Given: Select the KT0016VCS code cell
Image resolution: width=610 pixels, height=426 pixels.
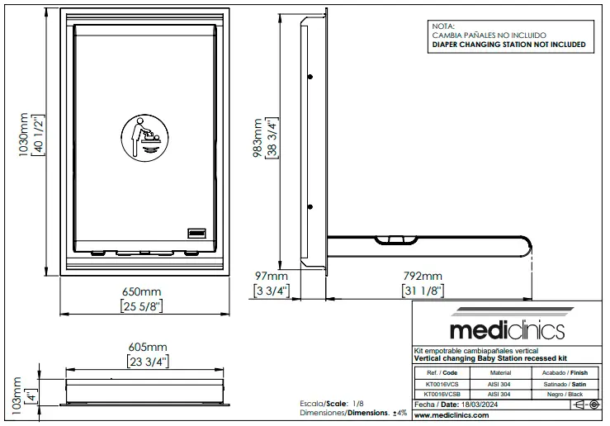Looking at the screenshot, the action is click(x=442, y=385).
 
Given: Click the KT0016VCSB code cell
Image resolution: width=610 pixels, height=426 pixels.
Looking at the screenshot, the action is click(x=442, y=394).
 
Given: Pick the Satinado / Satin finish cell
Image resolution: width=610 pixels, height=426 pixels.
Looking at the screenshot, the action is click(x=565, y=385).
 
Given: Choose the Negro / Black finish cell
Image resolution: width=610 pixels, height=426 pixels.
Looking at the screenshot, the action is click(x=565, y=394).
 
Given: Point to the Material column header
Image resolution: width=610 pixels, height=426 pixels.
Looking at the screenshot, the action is click(x=501, y=372).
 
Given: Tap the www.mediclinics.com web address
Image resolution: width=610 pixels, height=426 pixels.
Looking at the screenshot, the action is click(x=452, y=415).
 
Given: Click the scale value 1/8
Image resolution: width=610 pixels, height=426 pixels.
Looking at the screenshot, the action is click(x=358, y=404).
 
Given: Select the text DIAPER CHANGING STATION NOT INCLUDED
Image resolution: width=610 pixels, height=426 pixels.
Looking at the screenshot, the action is click(x=508, y=45).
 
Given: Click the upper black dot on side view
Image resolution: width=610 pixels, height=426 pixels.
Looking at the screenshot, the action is click(x=310, y=77).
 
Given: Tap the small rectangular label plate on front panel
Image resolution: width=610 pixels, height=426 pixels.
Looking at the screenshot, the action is click(x=196, y=233).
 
